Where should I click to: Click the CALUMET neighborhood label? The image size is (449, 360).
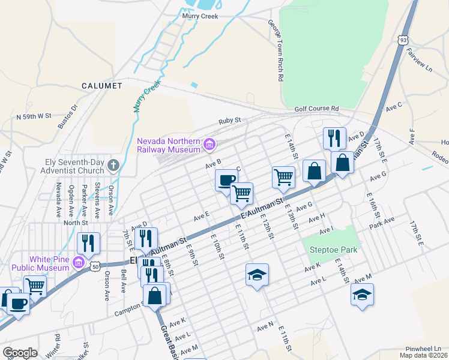[101, 86]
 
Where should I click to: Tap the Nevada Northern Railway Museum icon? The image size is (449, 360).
[209, 143]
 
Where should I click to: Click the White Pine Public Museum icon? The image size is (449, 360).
[78, 262]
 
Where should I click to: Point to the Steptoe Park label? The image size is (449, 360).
[333, 250]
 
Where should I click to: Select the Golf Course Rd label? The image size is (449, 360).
[316, 109]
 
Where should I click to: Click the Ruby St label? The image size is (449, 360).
[229, 120]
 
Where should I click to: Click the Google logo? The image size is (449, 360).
[19, 353]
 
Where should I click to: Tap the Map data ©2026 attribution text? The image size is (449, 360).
[423, 355]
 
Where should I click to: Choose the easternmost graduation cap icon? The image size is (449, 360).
[362, 294]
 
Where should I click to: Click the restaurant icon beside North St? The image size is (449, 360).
[88, 242]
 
